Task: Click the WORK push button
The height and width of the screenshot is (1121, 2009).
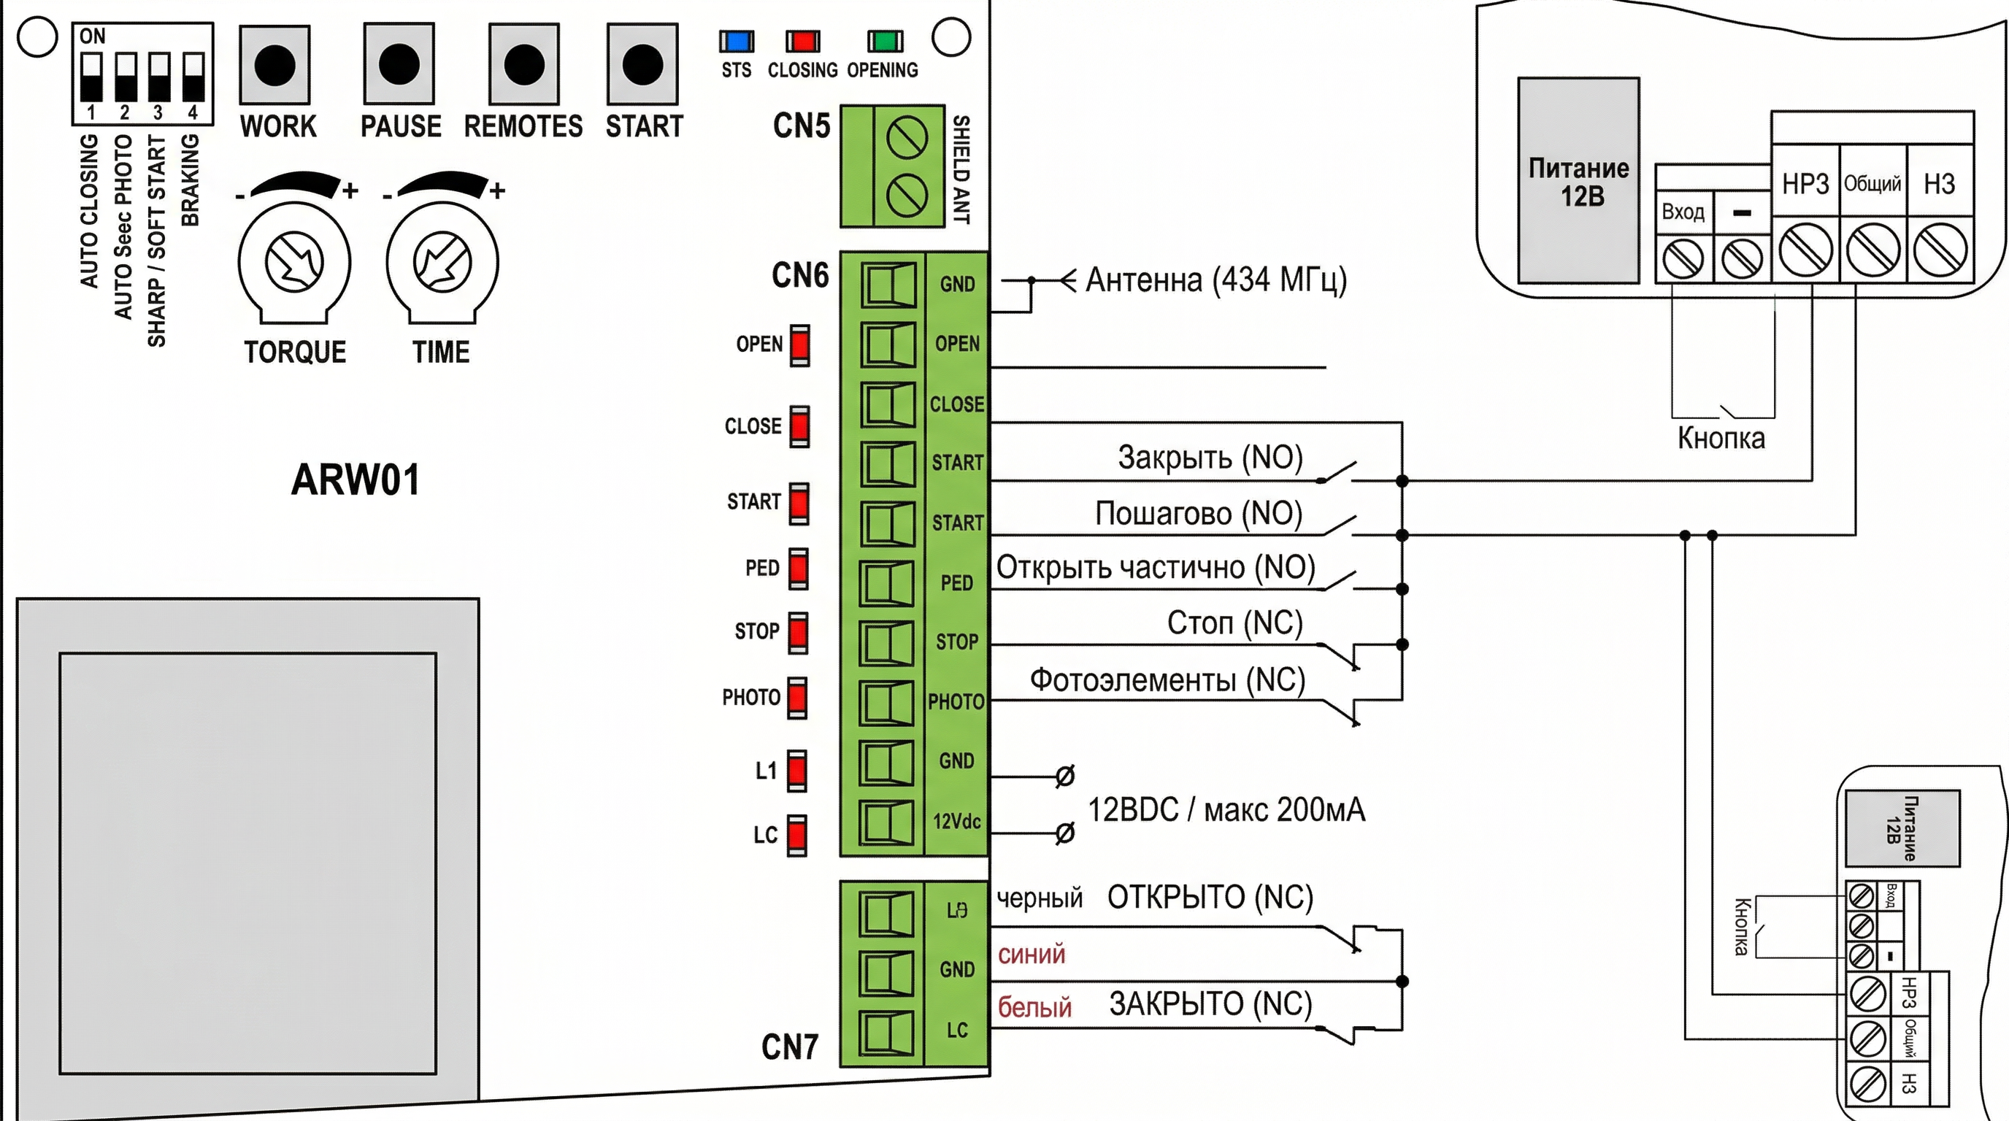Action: tap(274, 65)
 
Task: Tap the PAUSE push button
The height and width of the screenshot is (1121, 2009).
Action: tap(399, 64)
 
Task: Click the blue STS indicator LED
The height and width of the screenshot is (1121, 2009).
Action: tap(736, 42)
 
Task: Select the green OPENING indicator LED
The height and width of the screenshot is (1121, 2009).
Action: tap(886, 42)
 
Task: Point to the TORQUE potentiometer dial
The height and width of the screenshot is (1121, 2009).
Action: tap(294, 262)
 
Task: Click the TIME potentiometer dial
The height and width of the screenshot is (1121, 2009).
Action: tap(442, 262)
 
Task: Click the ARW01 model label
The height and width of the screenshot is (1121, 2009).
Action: tap(356, 479)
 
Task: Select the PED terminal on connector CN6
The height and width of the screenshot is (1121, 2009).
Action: tap(887, 583)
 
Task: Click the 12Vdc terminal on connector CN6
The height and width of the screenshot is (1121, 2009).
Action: tap(887, 822)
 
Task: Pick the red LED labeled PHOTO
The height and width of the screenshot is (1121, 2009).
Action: tap(797, 697)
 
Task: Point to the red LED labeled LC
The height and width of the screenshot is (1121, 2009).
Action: tap(797, 835)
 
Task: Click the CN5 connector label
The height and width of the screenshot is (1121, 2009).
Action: tap(801, 126)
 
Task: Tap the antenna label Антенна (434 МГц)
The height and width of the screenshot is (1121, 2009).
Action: tap(1215, 280)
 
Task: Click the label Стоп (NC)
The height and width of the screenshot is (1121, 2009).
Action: tap(1234, 623)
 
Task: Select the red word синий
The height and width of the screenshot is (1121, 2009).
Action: tap(1031, 954)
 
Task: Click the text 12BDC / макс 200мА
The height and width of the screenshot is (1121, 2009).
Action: tap(1226, 810)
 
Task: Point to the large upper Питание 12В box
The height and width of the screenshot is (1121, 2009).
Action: tap(1578, 180)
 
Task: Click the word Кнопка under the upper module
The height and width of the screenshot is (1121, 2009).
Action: tap(1721, 438)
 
